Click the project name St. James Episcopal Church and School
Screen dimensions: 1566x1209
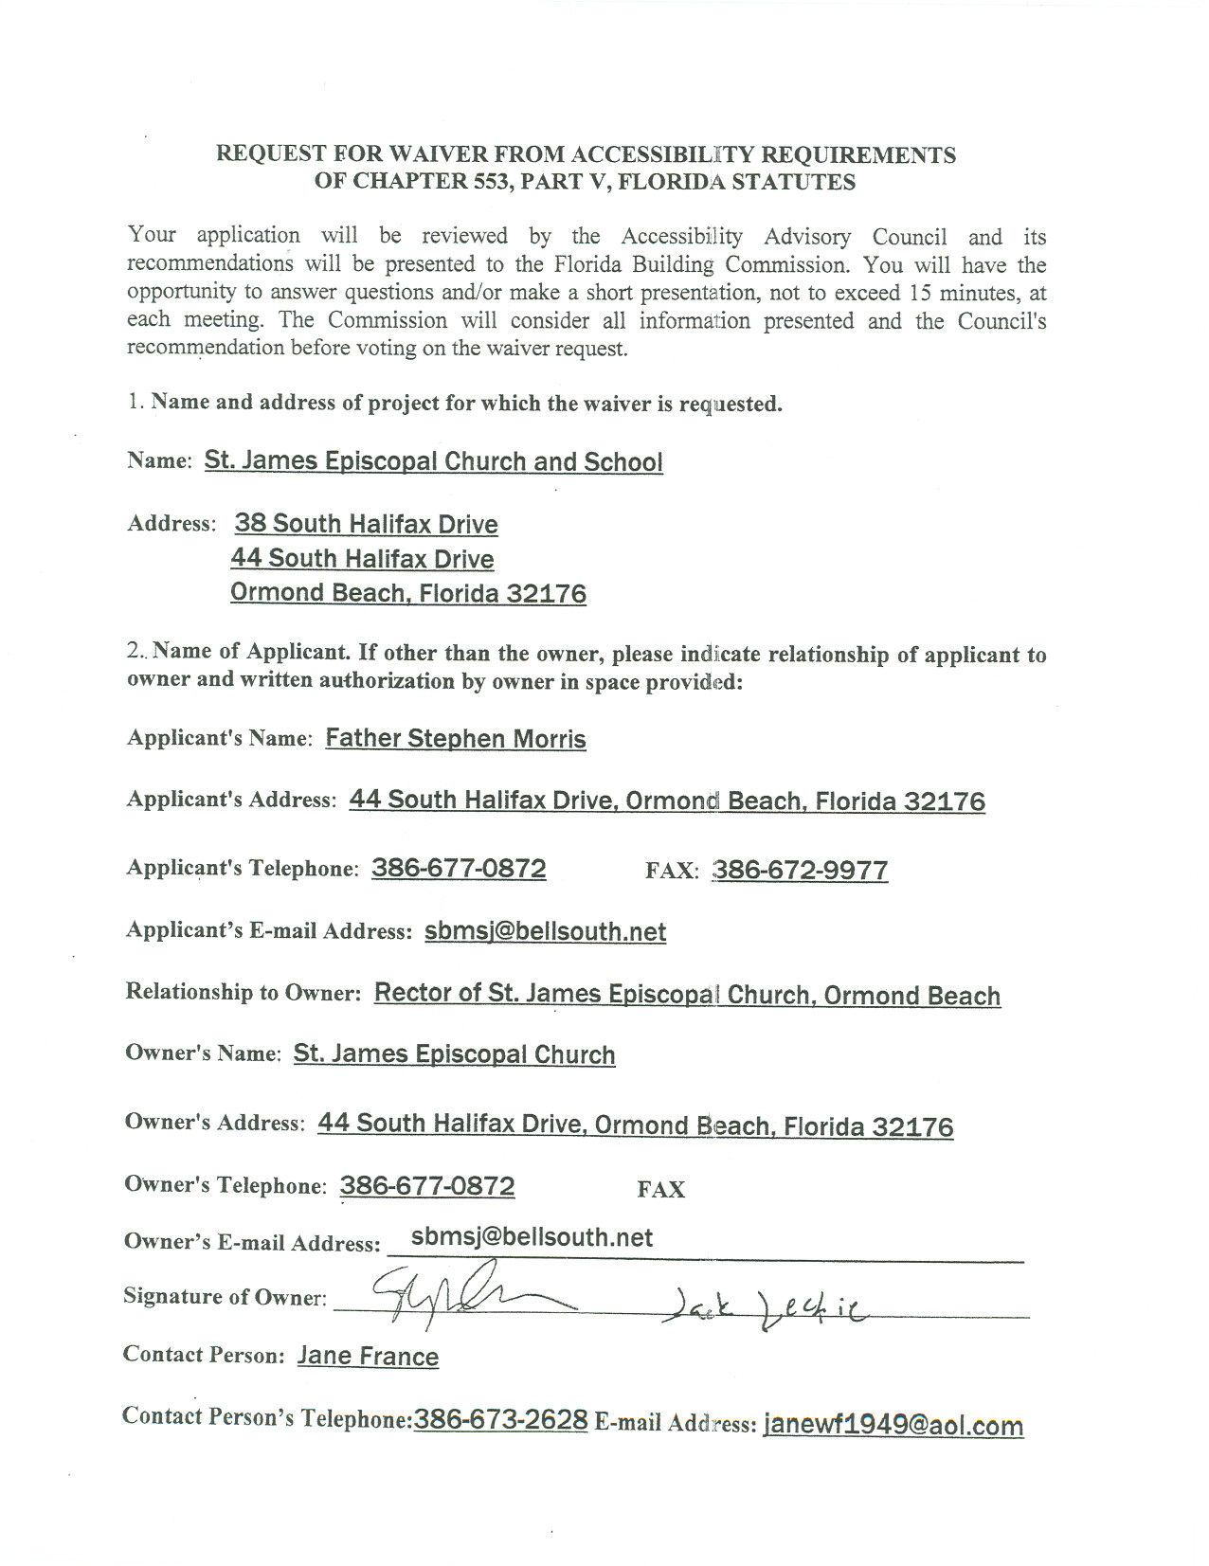(x=433, y=461)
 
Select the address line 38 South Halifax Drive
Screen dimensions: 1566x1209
(x=366, y=524)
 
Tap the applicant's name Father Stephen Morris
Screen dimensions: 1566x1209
(x=455, y=739)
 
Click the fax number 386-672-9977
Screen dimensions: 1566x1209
(x=800, y=870)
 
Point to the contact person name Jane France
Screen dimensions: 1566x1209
(x=368, y=1356)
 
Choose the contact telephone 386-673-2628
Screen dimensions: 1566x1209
(x=500, y=1419)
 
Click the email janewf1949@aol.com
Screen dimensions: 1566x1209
(x=893, y=1425)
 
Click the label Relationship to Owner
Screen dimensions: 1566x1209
(x=243, y=992)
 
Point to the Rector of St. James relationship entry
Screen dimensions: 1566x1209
(x=687, y=994)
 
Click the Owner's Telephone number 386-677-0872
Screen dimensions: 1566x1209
(x=427, y=1186)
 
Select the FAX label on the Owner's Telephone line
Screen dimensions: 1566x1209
(x=660, y=1190)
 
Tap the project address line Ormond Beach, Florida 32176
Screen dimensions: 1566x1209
(x=408, y=593)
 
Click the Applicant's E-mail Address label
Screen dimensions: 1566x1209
(x=268, y=930)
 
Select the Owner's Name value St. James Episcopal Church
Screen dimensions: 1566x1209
(x=454, y=1054)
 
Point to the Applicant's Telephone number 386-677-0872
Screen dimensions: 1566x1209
(x=459, y=869)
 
